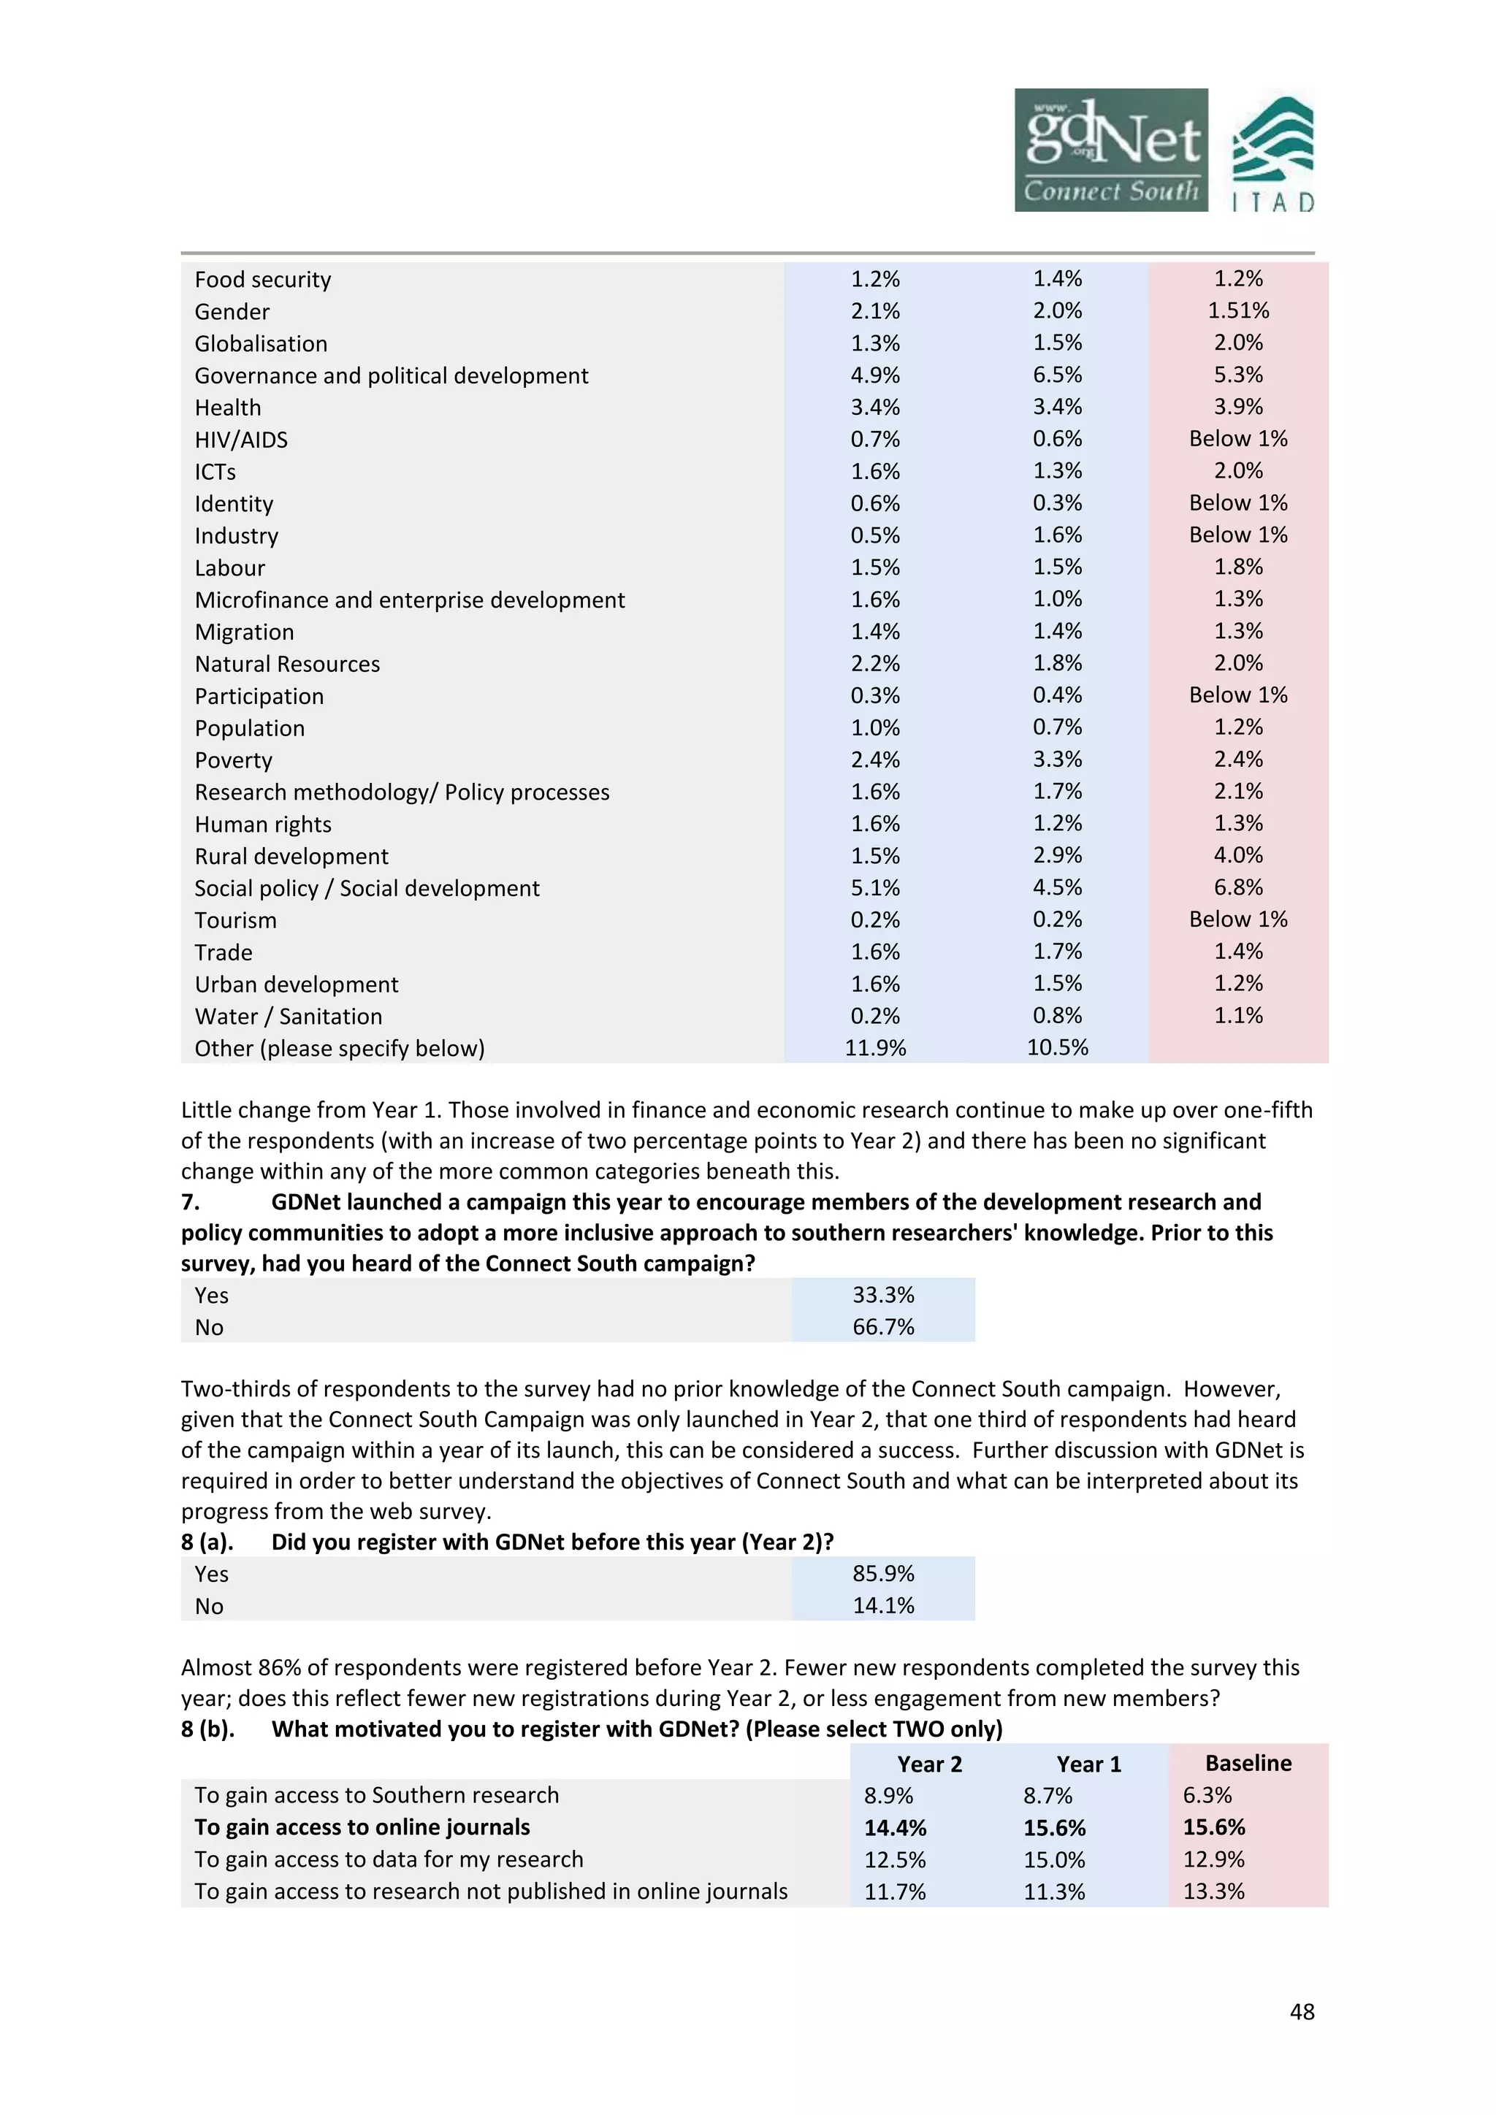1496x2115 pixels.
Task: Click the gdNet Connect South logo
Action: (x=1110, y=150)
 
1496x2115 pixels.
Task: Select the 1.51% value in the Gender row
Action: (x=1237, y=311)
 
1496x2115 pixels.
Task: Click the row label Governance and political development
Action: (x=391, y=376)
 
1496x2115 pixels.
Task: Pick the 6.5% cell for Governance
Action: (x=1056, y=375)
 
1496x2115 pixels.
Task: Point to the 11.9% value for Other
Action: (x=875, y=1048)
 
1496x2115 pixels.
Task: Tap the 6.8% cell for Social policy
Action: (x=1237, y=888)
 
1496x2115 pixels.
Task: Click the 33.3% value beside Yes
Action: (x=882, y=1295)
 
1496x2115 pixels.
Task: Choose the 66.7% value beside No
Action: (x=882, y=1328)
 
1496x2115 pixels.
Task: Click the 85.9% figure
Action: (x=882, y=1575)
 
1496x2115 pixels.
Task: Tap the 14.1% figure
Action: (x=882, y=1607)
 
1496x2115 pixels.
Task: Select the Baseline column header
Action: (x=1248, y=1763)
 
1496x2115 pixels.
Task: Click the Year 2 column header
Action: (x=928, y=1764)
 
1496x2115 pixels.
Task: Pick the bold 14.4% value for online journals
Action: (x=895, y=1827)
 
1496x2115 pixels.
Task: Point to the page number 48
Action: (x=1302, y=2012)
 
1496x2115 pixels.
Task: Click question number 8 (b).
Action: (x=207, y=1729)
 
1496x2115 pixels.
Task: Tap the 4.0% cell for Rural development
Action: (x=1237, y=856)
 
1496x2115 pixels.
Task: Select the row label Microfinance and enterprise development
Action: (x=409, y=600)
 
